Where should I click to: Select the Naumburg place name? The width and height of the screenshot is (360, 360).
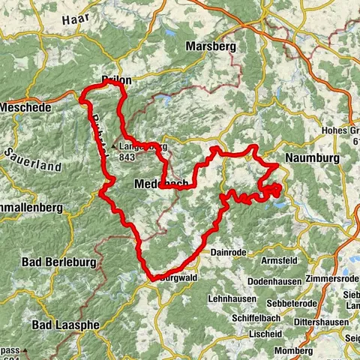[x=310, y=158]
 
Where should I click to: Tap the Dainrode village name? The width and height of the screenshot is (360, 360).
[x=228, y=253]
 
